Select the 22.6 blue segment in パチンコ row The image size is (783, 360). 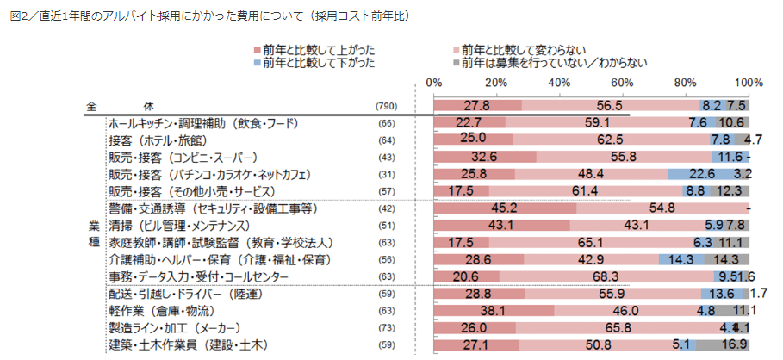click(703, 173)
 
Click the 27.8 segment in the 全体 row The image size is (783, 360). click(477, 105)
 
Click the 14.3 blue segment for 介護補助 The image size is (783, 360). click(680, 259)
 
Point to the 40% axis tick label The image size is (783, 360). click(560, 83)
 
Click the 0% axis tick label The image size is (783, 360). click(435, 83)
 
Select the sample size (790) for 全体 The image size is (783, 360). click(386, 106)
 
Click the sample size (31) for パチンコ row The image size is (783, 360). click(386, 173)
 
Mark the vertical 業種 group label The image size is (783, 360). click(94, 233)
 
